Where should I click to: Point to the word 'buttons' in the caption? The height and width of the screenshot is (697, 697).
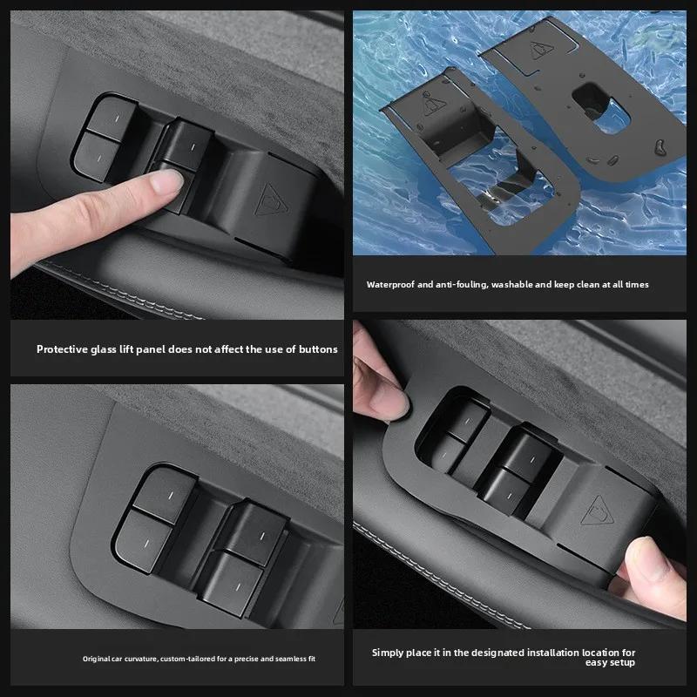tap(317, 349)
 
